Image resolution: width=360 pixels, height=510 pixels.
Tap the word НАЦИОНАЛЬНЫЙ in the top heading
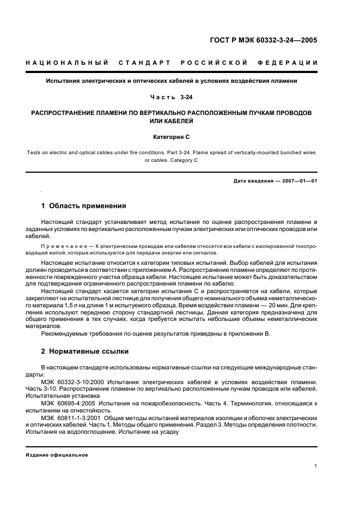[x=67, y=63]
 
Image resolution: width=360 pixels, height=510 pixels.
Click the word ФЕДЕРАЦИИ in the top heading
[x=293, y=63]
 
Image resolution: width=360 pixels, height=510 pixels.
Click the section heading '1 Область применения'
[x=84, y=206]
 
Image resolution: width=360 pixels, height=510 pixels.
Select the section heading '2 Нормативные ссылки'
[x=85, y=351]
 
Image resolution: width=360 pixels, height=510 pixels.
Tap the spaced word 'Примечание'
[x=58, y=247]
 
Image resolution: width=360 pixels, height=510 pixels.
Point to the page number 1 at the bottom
[x=316, y=466]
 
